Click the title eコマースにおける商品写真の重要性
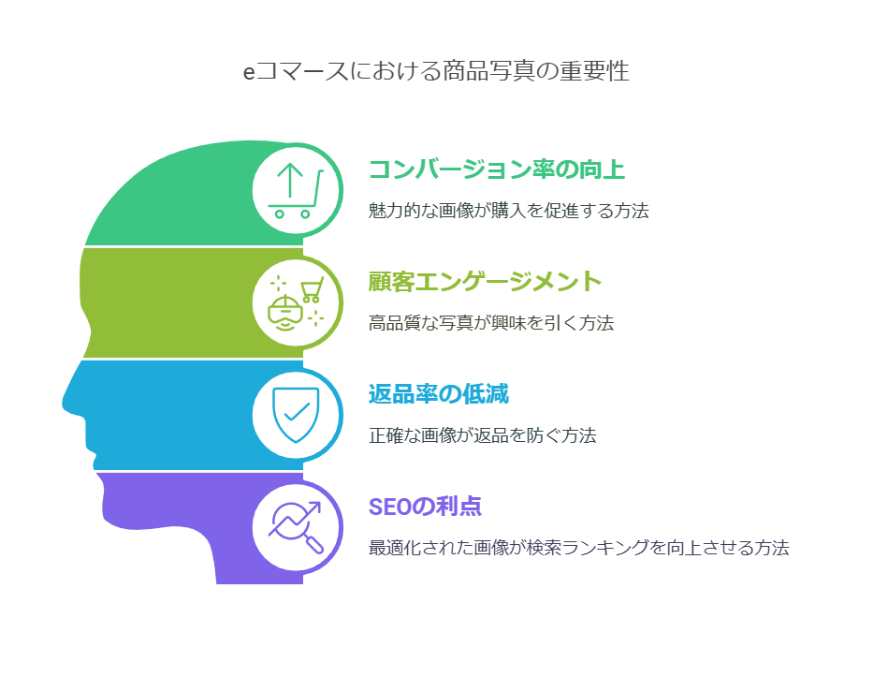(436, 71)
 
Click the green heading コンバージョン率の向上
(497, 169)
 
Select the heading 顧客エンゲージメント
(485, 282)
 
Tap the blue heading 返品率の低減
(439, 394)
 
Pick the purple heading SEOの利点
(425, 507)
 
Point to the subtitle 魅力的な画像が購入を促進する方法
(508, 211)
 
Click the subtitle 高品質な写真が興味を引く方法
(491, 323)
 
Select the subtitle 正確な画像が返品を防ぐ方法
(482, 435)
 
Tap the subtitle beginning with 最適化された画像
(578, 548)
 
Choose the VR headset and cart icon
(296, 302)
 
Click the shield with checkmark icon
(296, 415)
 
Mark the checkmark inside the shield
(297, 412)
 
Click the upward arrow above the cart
(290, 180)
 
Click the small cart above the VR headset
(312, 289)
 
